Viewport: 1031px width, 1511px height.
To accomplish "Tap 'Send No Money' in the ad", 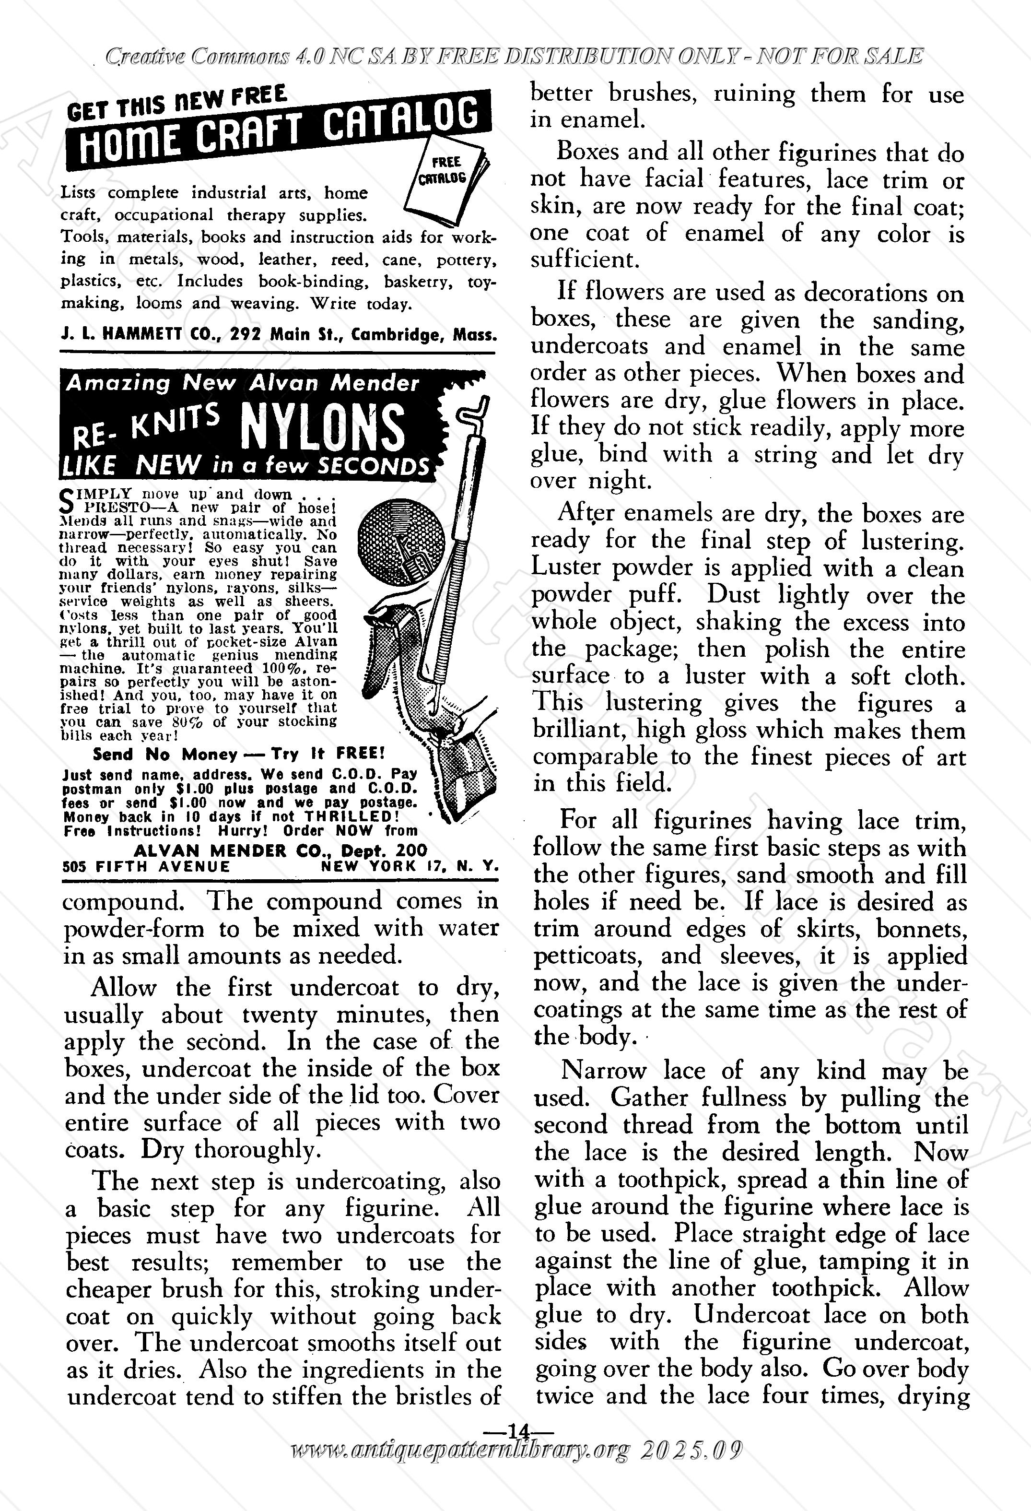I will pyautogui.click(x=165, y=754).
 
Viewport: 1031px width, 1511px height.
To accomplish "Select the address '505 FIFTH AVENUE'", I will pyautogui.click(x=146, y=867).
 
